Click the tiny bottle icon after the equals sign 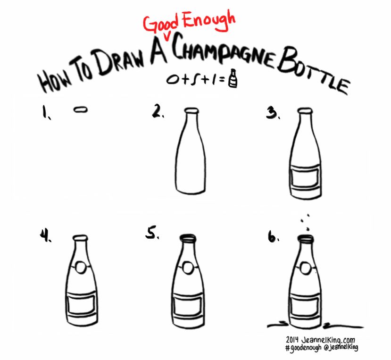click(232, 79)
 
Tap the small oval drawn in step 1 click(81, 109)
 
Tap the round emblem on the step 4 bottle click(81, 268)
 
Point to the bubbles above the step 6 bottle click(305, 220)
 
